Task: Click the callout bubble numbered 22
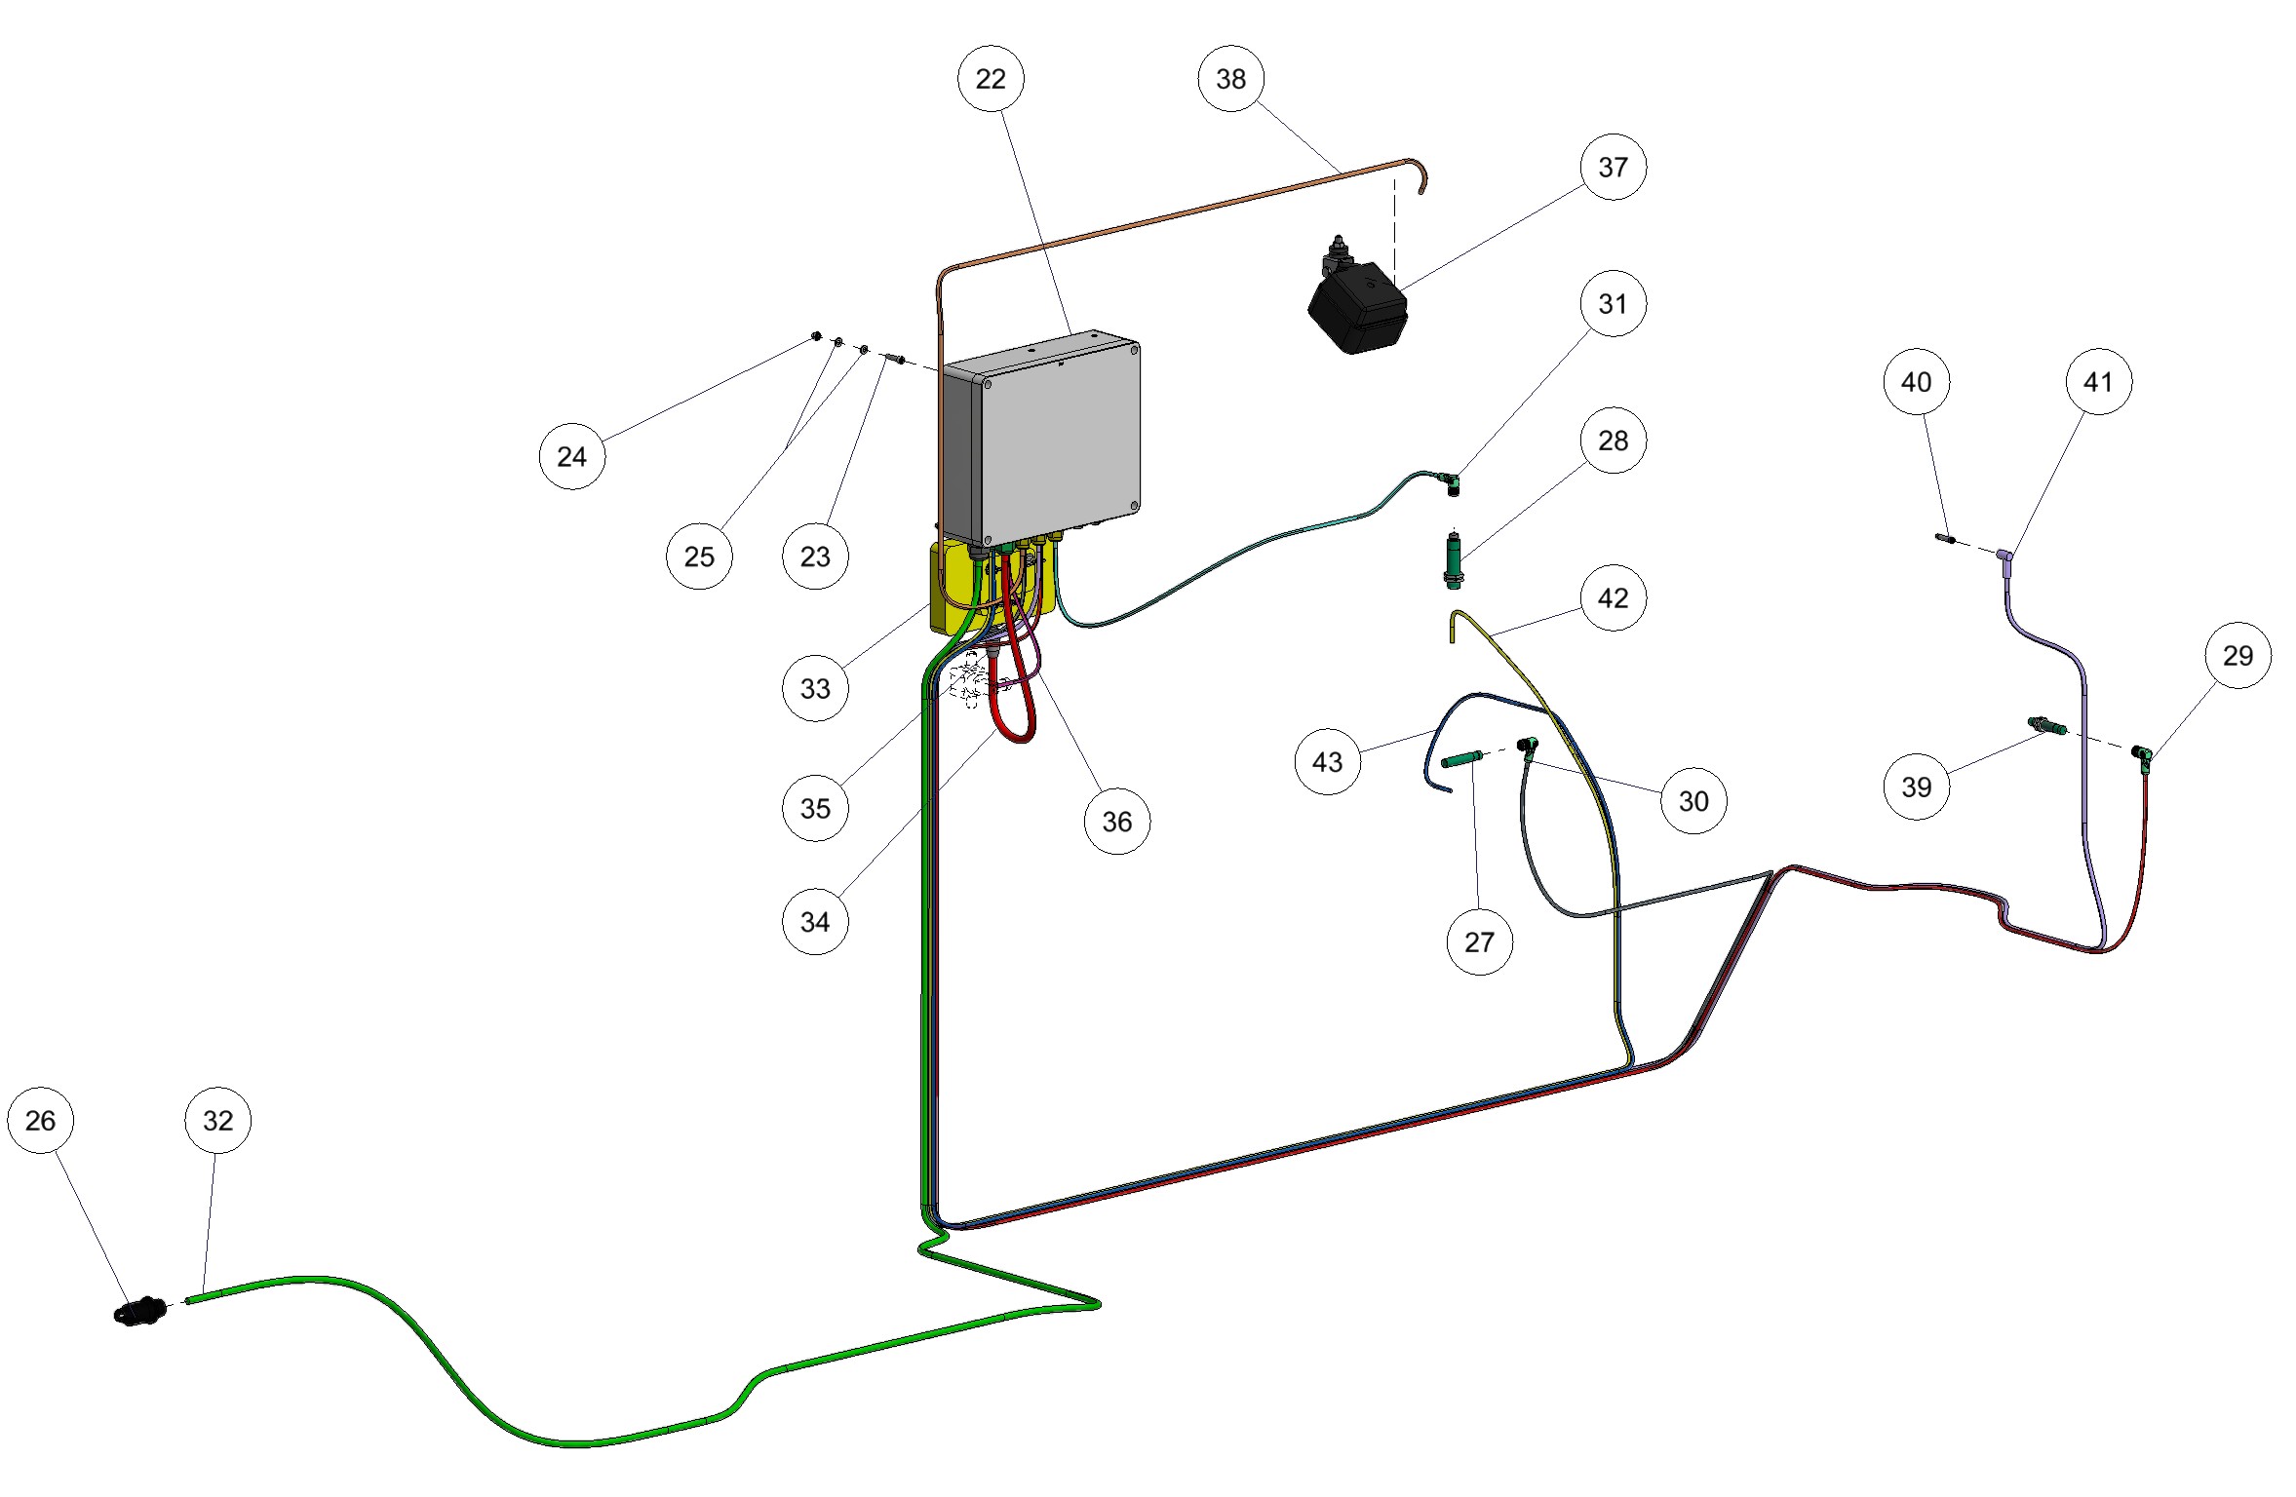[990, 79]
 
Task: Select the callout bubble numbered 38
[1230, 79]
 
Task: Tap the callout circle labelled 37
[1613, 168]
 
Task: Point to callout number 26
[40, 1121]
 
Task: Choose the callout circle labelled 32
[217, 1121]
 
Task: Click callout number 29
[2238, 656]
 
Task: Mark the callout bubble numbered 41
[2098, 382]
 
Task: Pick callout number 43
[1327, 762]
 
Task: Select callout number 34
[815, 922]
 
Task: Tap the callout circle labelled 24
[571, 457]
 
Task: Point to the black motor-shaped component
[1357, 307]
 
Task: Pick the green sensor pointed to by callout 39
[2044, 726]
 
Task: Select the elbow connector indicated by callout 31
[1452, 481]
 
